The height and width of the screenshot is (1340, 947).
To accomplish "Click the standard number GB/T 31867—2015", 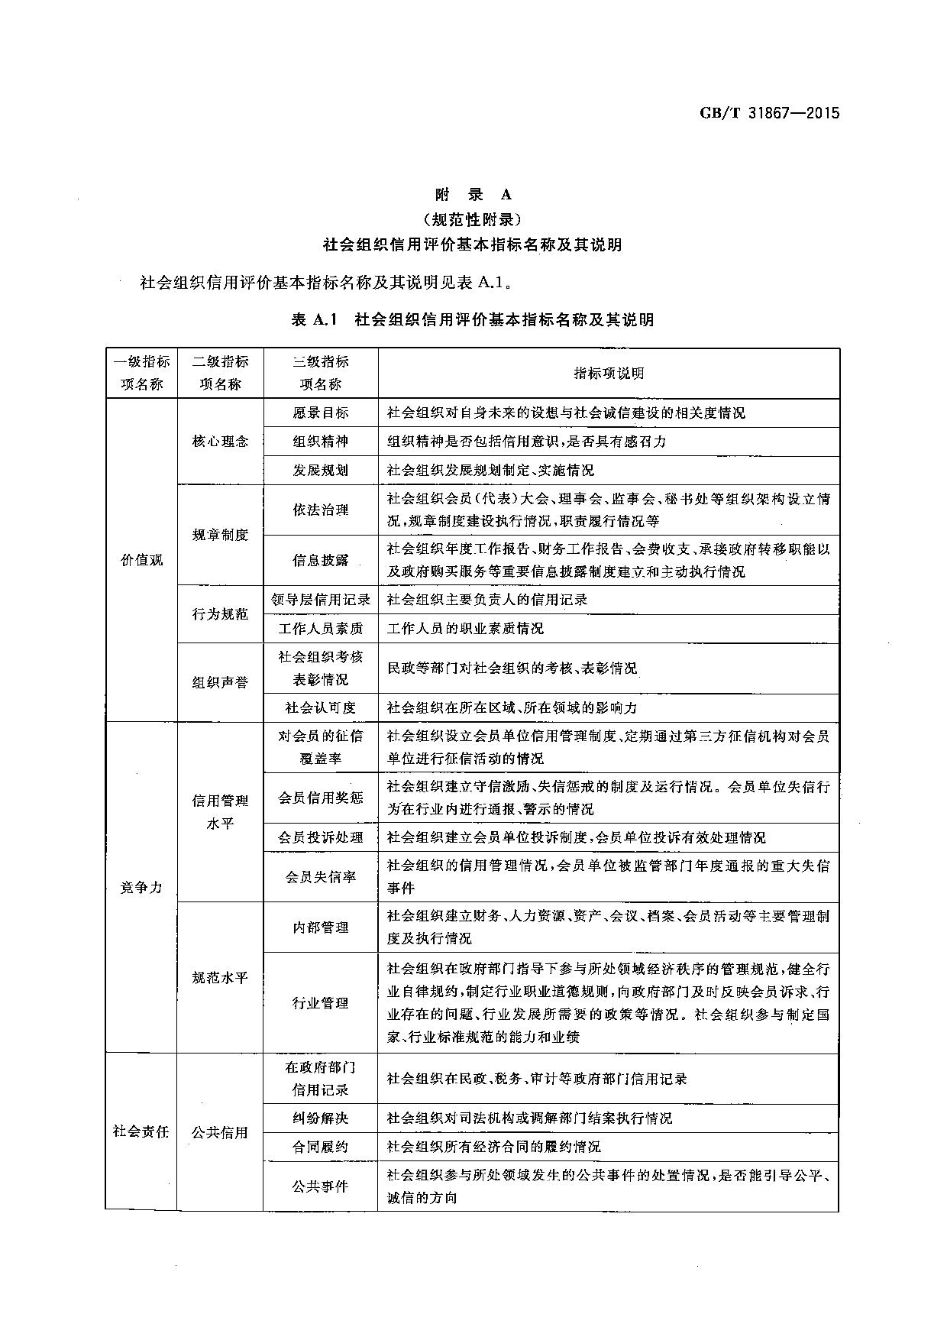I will coord(769,114).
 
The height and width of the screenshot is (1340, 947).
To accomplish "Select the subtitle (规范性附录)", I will coord(473,220).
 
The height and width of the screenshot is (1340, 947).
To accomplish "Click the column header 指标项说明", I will coord(609,374).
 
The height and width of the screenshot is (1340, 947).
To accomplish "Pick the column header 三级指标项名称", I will coord(321,373).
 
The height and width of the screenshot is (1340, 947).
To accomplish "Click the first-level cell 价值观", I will coord(141,560).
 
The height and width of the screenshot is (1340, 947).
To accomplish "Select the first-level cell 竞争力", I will coord(141,888).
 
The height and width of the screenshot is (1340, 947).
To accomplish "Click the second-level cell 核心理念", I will coord(220,442).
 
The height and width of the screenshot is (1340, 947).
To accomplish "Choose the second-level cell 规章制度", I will coord(220,535).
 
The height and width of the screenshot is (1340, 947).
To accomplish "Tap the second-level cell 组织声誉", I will coord(220,682).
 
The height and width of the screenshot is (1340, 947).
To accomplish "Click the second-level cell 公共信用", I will coord(220,1132).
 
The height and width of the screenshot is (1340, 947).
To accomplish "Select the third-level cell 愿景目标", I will coord(321,413).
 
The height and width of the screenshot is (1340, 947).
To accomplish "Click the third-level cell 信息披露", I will coord(321,560).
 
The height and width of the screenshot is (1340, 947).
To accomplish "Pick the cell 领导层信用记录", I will coord(321,600).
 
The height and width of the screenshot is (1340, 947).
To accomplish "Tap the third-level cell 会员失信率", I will coord(321,877).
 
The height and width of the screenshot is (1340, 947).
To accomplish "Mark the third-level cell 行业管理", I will coord(321,1003).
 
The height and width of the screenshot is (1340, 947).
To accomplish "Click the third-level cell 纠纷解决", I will coord(321,1118).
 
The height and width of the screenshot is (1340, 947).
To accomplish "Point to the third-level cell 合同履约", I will coord(321,1147).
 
